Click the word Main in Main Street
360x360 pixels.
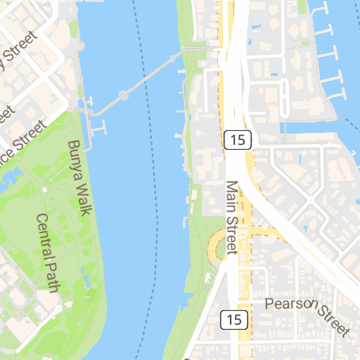tap(231, 195)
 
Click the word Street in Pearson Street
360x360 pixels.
tap(333, 319)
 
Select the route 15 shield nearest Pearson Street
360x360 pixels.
tap(234, 320)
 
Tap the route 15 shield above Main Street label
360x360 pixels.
tap(238, 139)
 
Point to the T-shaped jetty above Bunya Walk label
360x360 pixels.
tap(99, 128)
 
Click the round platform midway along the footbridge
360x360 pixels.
tap(124, 94)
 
